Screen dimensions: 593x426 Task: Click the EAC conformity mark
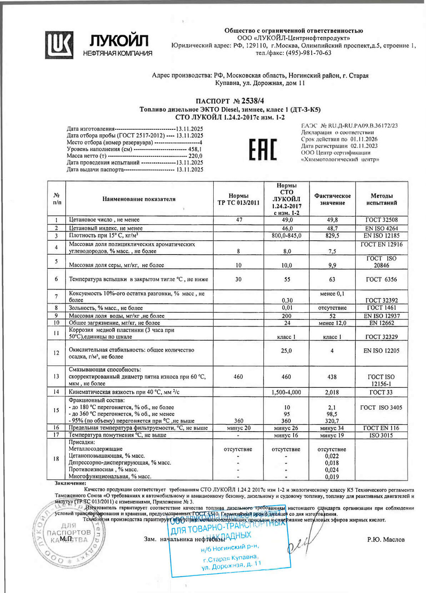263,150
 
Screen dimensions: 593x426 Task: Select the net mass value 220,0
195,156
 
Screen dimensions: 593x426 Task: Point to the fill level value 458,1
195,149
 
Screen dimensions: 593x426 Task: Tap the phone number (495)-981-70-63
309,53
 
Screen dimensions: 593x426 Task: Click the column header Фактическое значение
332,199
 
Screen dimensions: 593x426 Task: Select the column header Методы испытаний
381,199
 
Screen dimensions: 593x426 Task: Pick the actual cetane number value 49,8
332,220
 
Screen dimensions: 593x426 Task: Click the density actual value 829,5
332,236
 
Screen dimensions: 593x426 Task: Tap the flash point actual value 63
332,280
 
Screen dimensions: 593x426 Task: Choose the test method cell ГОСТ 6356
381,280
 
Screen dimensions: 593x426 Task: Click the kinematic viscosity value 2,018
332,392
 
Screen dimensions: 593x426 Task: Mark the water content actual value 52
332,316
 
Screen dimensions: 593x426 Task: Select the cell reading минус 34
332,428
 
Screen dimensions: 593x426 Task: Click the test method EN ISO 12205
381,351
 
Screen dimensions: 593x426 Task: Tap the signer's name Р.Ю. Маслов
386,540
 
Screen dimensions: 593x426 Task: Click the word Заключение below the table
70,483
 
